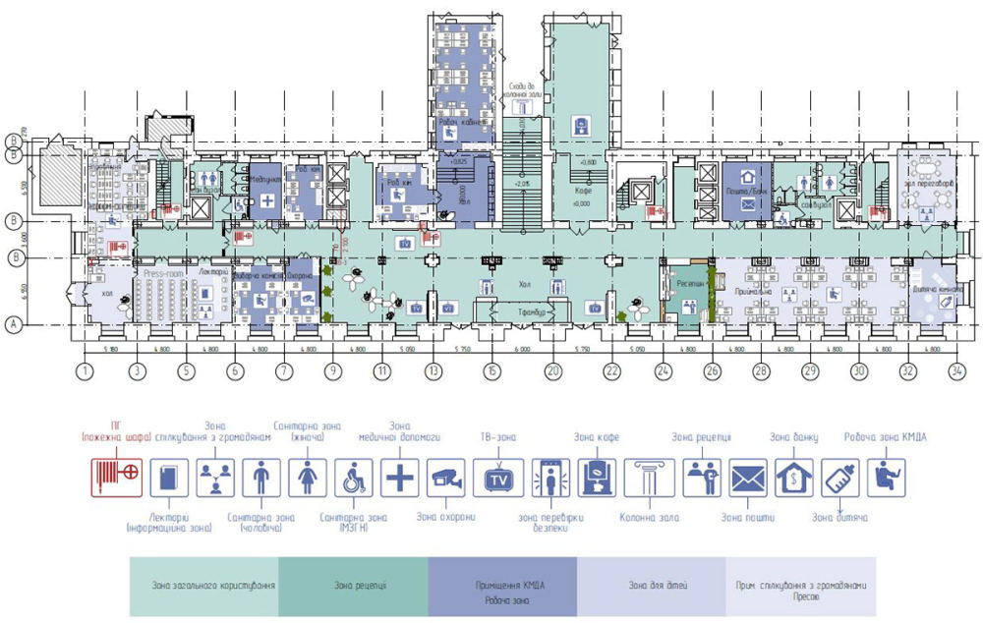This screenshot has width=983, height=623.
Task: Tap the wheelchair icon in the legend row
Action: pyautogui.click(x=354, y=479)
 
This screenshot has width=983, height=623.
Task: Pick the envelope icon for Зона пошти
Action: pyautogui.click(x=747, y=479)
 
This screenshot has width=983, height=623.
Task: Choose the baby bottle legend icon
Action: pyautogui.click(x=841, y=479)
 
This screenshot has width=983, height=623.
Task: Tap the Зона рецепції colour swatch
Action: pyautogui.click(x=353, y=587)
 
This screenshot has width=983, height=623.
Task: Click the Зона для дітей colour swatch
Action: pyautogui.click(x=650, y=587)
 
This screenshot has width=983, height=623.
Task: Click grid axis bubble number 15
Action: pyautogui.click(x=491, y=371)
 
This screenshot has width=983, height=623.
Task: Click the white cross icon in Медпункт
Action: pyautogui.click(x=266, y=202)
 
